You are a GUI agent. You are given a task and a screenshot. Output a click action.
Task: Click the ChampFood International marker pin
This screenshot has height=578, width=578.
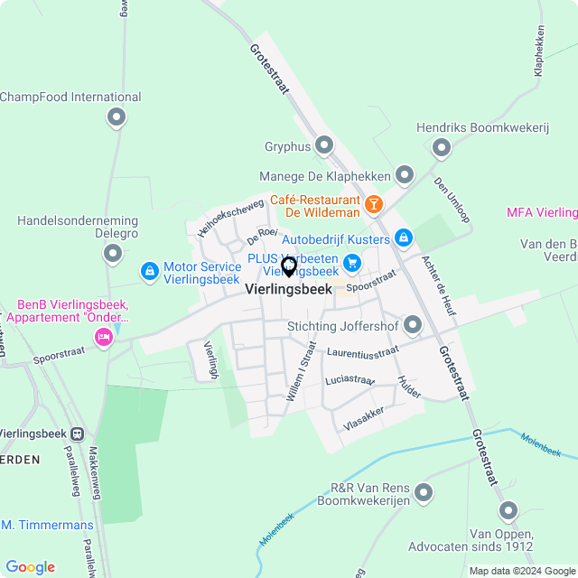116,117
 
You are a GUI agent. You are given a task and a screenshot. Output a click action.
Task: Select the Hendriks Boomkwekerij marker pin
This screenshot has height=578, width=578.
442,147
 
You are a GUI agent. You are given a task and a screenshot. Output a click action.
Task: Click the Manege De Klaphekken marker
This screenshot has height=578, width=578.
404,174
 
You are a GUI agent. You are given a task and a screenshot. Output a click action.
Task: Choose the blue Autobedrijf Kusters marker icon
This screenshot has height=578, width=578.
403,238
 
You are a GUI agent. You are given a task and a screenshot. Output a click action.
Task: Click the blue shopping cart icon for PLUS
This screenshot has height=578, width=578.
351,263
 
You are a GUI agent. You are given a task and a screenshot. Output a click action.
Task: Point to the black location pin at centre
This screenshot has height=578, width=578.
289,266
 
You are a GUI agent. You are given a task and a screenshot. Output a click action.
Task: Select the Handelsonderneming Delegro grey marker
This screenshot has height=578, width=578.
113,254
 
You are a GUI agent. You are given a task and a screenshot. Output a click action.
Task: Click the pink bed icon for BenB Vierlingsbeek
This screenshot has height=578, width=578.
103,338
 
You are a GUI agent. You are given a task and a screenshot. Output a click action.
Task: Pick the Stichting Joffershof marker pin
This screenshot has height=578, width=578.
414,324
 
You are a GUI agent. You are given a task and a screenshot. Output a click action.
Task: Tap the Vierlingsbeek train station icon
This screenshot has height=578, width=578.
78,433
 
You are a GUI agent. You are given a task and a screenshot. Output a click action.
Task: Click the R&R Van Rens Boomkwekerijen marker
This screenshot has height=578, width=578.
423,493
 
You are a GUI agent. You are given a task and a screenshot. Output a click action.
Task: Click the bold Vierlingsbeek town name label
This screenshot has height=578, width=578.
288,290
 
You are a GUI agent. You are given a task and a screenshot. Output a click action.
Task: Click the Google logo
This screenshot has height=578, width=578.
31,566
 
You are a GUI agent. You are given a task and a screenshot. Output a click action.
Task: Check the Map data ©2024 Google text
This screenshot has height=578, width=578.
521,571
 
